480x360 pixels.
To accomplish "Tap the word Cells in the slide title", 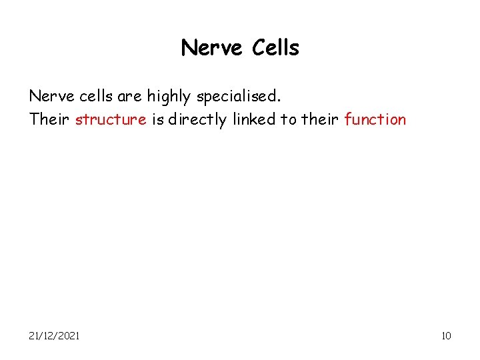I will click(276, 48).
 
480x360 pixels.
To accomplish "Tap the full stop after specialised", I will click(280, 100).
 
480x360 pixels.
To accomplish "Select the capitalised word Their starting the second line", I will click(50, 120).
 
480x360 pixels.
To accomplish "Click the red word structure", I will click(111, 120).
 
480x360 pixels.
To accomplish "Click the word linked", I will click(254, 120).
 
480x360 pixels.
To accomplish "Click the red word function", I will click(375, 120).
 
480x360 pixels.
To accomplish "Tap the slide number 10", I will click(446, 335).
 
